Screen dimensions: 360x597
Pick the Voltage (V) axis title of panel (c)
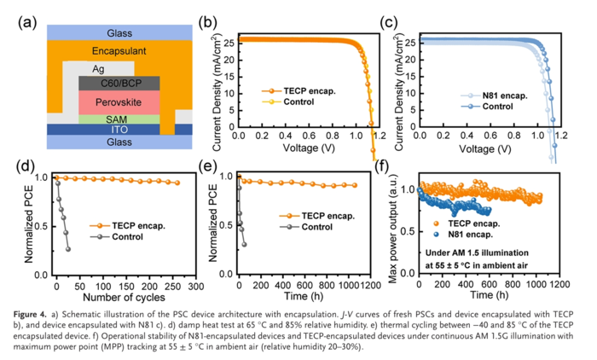pyautogui.click(x=496, y=148)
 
